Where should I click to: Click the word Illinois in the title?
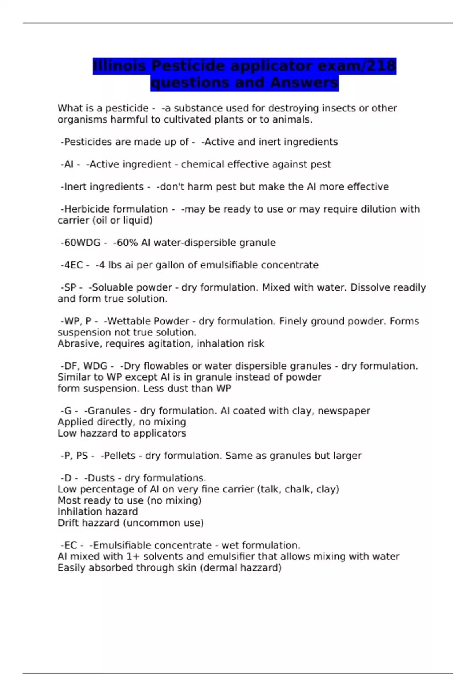pos(119,66)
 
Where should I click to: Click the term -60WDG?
pos(81,243)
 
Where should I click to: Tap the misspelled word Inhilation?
pos(78,511)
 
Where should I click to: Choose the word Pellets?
pos(118,456)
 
